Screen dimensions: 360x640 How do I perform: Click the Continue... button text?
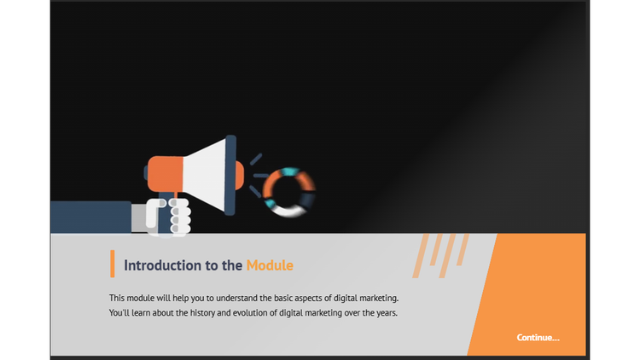pyautogui.click(x=538, y=338)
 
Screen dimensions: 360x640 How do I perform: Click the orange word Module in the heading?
pyautogui.click(x=270, y=265)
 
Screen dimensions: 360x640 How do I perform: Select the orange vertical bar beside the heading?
pyautogui.click(x=112, y=264)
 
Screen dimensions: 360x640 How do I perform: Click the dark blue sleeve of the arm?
pyautogui.click(x=89, y=217)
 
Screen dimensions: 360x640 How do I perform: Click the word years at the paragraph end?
pyautogui.click(x=385, y=313)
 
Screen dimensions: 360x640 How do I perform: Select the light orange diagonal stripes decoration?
pyautogui.click(x=441, y=253)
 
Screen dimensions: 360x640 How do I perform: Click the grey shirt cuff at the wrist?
pyautogui.click(x=138, y=217)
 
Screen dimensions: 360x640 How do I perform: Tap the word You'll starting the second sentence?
pyautogui.click(x=121, y=313)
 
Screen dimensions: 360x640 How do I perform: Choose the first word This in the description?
pyautogui.click(x=118, y=298)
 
